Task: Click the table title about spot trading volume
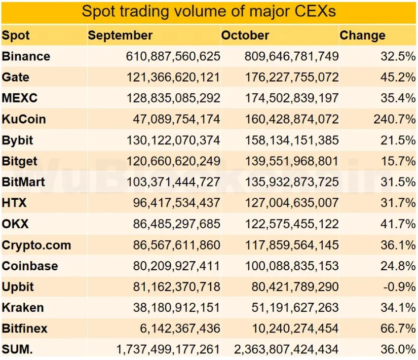point(209,11)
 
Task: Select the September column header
point(120,35)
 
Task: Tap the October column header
point(245,35)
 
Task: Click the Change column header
point(362,35)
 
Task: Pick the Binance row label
point(26,56)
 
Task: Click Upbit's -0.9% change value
point(398,287)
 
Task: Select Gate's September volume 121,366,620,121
point(173,78)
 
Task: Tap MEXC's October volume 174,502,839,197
point(291,98)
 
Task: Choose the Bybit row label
point(18,140)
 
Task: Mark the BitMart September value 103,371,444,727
point(173,182)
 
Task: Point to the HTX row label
point(14,203)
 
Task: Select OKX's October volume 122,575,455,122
point(291,224)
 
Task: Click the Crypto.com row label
point(36,245)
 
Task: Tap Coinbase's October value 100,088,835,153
point(291,266)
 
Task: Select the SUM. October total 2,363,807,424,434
point(286,349)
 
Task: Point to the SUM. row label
point(17,349)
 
